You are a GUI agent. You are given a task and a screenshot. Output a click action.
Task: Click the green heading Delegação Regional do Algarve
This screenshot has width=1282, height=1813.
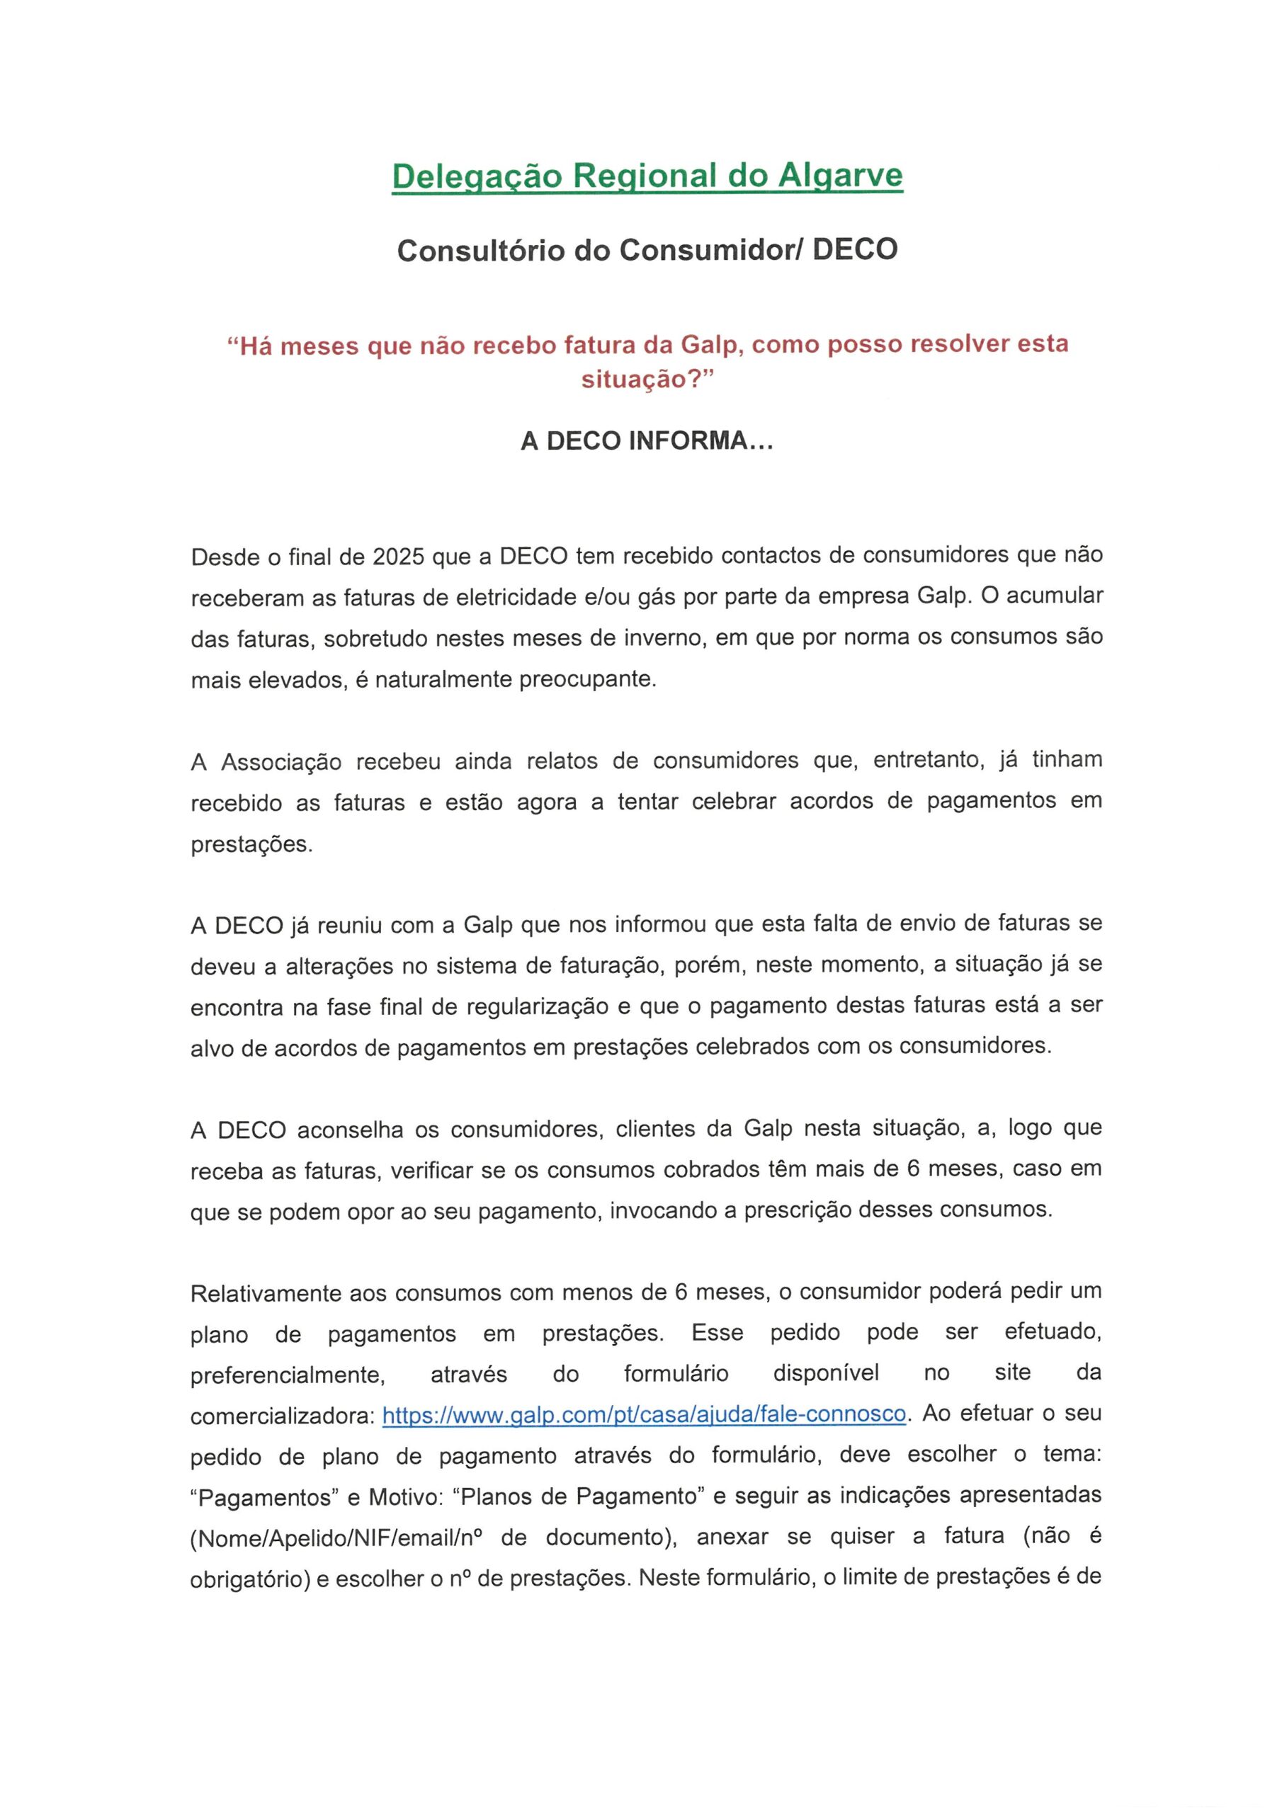point(647,176)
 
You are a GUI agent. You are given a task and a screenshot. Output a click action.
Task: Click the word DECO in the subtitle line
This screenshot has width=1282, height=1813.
point(855,249)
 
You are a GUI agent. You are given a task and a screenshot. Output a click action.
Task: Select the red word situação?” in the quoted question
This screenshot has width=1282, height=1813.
point(647,379)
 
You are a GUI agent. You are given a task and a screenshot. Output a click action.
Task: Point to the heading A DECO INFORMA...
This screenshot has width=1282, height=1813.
point(646,441)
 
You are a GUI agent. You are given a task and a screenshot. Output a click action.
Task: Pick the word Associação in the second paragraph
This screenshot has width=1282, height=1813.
point(280,762)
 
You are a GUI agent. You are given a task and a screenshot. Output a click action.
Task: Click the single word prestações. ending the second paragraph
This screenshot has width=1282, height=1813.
point(252,844)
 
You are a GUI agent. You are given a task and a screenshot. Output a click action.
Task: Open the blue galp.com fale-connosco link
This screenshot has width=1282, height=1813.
point(644,1414)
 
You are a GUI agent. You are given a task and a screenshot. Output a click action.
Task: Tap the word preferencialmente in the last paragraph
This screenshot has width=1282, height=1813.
point(288,1375)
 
